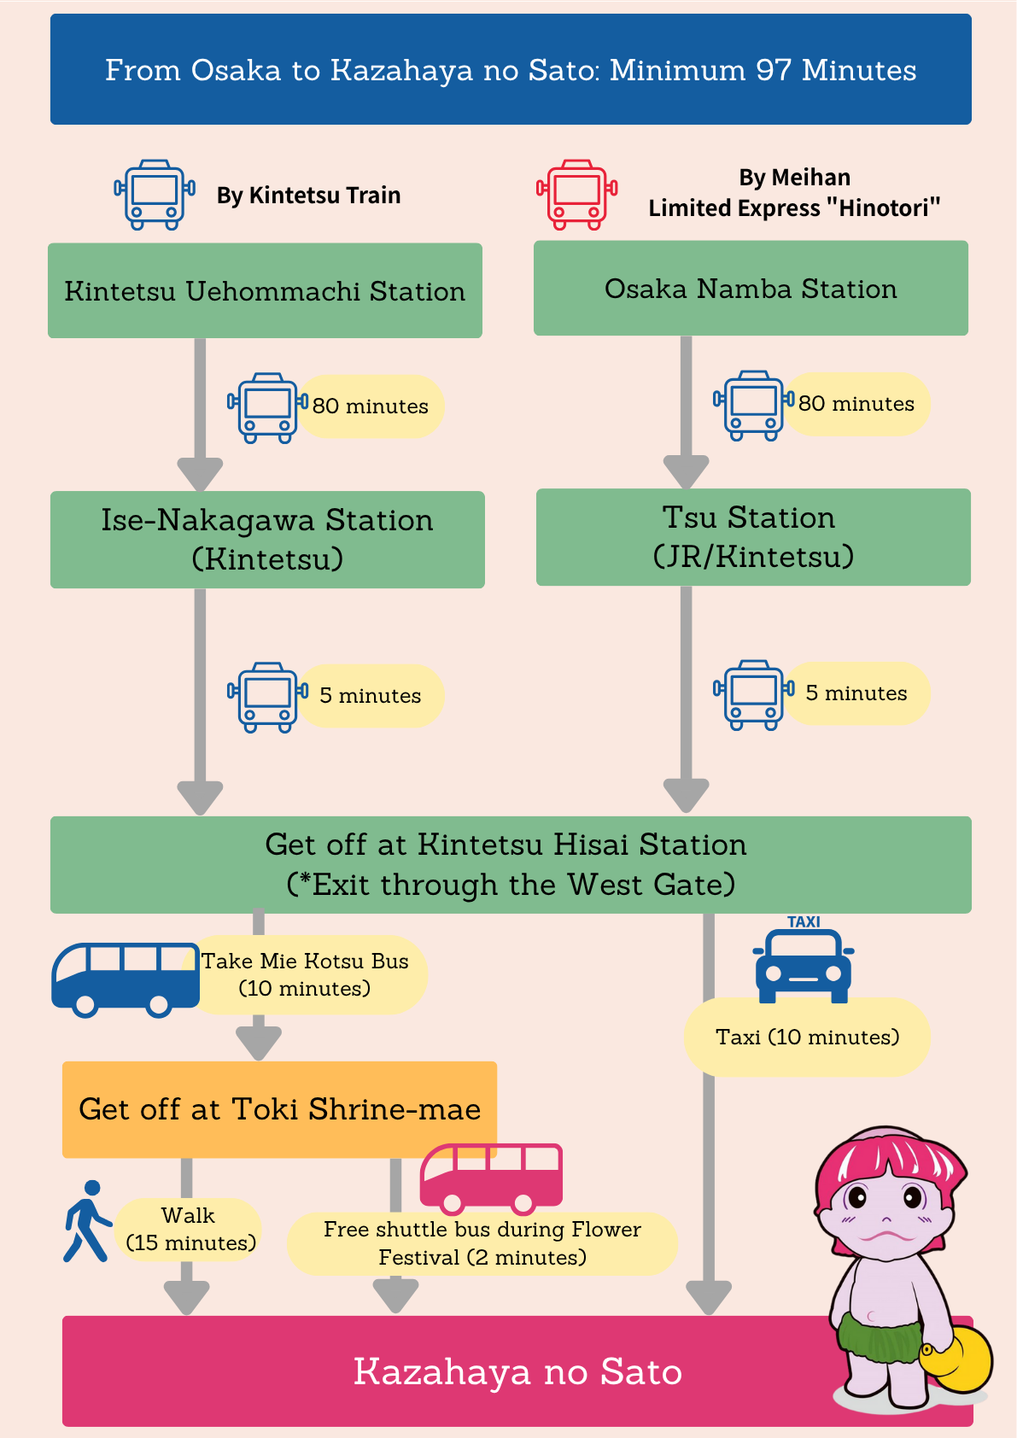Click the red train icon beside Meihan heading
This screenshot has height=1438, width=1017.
click(577, 195)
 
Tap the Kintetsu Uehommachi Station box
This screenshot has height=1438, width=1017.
click(266, 290)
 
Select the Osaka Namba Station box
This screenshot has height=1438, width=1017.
click(751, 289)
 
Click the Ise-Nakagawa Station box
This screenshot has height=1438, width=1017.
click(268, 540)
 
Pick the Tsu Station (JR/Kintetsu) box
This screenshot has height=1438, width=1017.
click(753, 536)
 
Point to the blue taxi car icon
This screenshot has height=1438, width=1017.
click(804, 966)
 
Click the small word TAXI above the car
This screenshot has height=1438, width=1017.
click(804, 922)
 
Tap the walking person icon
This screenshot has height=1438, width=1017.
click(87, 1221)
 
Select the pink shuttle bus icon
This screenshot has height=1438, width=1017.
click(491, 1178)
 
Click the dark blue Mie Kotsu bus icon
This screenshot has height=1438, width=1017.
click(126, 979)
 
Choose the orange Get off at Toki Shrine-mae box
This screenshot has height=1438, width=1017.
click(279, 1109)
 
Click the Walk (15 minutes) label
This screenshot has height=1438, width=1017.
click(190, 1230)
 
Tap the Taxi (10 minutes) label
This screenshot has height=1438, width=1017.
click(807, 1037)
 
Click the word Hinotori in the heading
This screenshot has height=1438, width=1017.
click(883, 208)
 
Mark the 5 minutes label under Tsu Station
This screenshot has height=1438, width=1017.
click(856, 693)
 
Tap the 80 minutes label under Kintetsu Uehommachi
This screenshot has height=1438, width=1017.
click(371, 406)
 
